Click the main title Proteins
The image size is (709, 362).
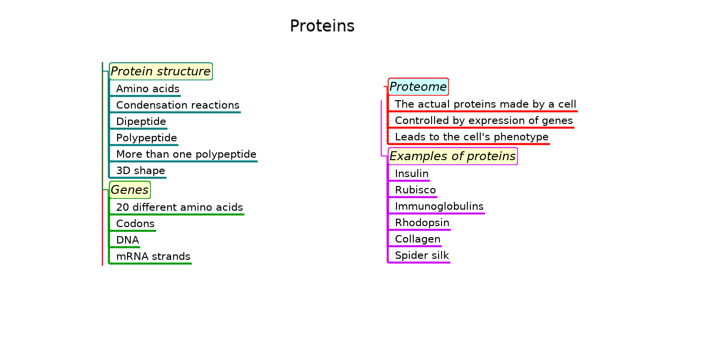pyautogui.click(x=322, y=26)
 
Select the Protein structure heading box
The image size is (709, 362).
pyautogui.click(x=161, y=71)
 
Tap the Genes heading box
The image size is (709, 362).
pyautogui.click(x=130, y=189)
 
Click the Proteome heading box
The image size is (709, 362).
pyautogui.click(x=418, y=86)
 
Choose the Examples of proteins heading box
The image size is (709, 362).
pyautogui.click(x=452, y=156)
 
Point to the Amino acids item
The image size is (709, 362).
pyautogui.click(x=147, y=89)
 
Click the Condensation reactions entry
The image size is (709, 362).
pyautogui.click(x=178, y=105)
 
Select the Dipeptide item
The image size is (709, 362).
pyautogui.click(x=141, y=121)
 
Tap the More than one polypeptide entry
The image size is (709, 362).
pyautogui.click(x=186, y=154)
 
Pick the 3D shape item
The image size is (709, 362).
pyautogui.click(x=140, y=171)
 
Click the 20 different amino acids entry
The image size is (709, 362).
pyautogui.click(x=180, y=207)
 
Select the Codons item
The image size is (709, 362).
pyautogui.click(x=135, y=224)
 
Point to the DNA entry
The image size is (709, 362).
pyautogui.click(x=128, y=240)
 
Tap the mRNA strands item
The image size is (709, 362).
pyautogui.click(x=153, y=256)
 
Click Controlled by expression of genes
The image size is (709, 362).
pyautogui.click(x=484, y=121)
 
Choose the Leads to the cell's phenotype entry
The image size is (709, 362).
pyautogui.click(x=472, y=137)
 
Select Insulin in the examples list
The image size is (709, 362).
pyautogui.click(x=411, y=174)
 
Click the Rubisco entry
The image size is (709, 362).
pyautogui.click(x=415, y=190)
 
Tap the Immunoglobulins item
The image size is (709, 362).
pyautogui.click(x=439, y=206)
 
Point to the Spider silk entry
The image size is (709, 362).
pyautogui.click(x=422, y=255)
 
